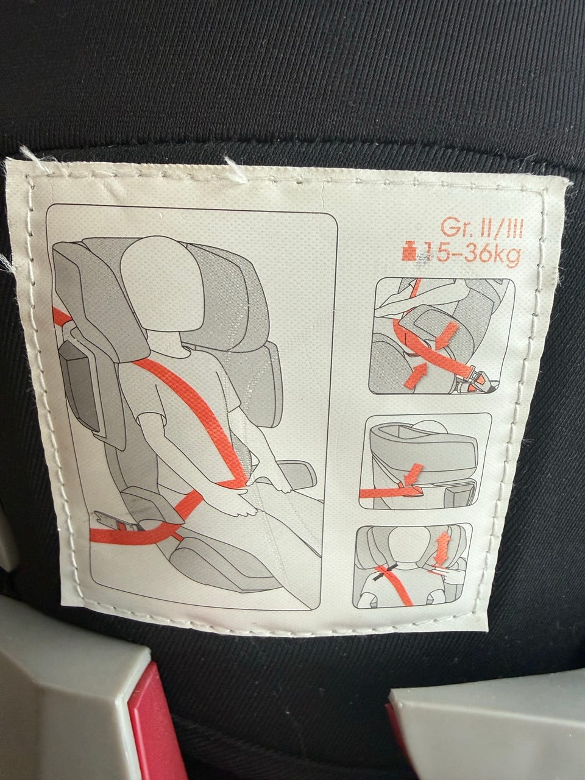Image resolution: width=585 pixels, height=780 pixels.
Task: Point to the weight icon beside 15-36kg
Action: pos(409,252)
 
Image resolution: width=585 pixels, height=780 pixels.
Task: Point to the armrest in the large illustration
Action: pos(295,476)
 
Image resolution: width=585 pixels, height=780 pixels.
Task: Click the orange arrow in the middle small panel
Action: pos(413,473)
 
